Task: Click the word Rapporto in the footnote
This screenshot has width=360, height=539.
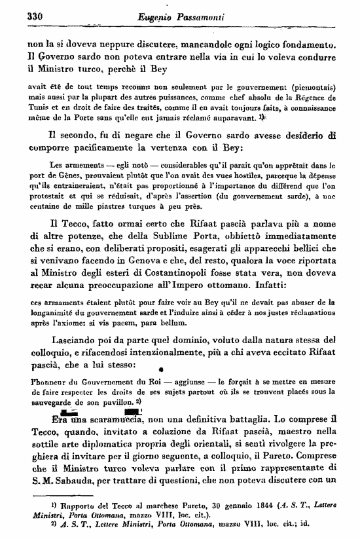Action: [x=62, y=506]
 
